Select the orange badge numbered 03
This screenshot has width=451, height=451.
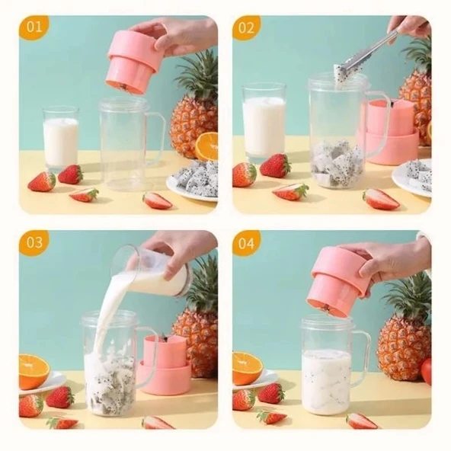pos(34,242)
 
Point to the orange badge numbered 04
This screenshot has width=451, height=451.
pos(246,242)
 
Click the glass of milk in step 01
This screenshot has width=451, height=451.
pos(61,139)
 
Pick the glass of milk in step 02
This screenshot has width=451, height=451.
pos(263,122)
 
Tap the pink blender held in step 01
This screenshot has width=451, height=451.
pos(131,61)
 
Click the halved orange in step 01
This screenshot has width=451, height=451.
pos(206,146)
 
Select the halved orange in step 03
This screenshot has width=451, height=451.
pos(34,370)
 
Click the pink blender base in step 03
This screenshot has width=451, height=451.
pos(165,366)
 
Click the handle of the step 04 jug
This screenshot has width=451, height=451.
pos(361,354)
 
